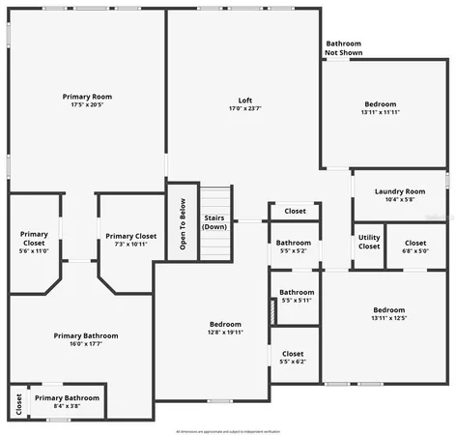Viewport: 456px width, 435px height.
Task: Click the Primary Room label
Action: tap(88, 97)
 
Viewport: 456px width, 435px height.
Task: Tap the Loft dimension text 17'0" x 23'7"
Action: tap(245, 109)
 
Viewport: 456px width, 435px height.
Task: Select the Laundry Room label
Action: tap(399, 191)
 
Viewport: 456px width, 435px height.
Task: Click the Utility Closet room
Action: tap(369, 243)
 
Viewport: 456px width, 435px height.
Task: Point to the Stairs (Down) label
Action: tap(214, 222)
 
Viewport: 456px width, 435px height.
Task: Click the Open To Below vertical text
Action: tap(182, 223)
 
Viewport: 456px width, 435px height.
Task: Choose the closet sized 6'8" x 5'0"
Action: tap(415, 246)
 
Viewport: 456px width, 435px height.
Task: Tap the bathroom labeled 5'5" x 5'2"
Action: tap(293, 246)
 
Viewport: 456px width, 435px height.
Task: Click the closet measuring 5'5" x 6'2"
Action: tap(293, 358)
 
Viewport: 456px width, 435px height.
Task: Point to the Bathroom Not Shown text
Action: tap(343, 48)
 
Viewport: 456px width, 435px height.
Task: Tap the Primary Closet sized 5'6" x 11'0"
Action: tap(34, 242)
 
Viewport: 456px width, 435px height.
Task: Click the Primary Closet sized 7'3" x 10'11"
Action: tap(131, 240)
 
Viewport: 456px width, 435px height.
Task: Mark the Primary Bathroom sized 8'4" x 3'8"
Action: tap(67, 401)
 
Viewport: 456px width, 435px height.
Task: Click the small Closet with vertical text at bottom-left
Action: tap(18, 401)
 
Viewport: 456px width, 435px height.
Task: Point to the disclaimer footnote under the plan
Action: tap(228, 430)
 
